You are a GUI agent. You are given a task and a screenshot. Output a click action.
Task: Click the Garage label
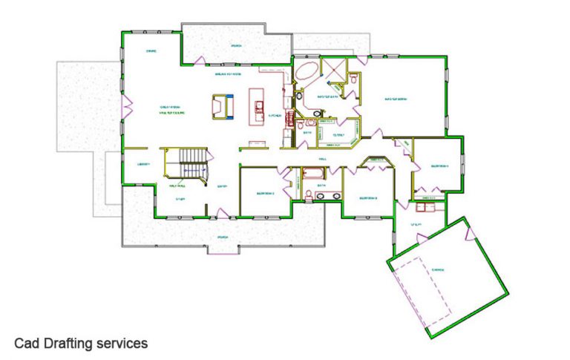438,269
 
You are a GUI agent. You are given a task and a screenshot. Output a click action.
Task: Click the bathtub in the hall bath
312,175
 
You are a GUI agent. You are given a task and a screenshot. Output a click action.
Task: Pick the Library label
143,164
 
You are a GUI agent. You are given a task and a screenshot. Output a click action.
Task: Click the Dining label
151,51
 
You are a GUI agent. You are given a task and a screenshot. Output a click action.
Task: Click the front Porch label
222,238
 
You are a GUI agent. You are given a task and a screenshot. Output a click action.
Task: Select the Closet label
338,135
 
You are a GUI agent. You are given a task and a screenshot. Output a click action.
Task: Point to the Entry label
221,186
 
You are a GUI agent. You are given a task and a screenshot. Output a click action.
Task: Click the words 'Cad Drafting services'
81,343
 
